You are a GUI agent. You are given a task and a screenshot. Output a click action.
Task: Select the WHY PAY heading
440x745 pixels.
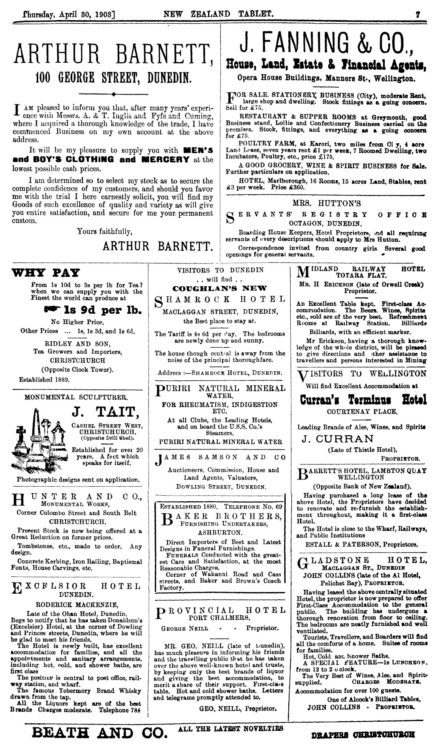(x=46, y=273)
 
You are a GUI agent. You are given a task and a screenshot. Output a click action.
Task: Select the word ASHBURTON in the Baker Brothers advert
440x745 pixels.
(x=220, y=532)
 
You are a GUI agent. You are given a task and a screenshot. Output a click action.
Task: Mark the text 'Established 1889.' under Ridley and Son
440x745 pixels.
(x=44, y=380)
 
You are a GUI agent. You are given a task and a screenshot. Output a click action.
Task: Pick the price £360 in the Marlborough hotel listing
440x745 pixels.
(x=301, y=187)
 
